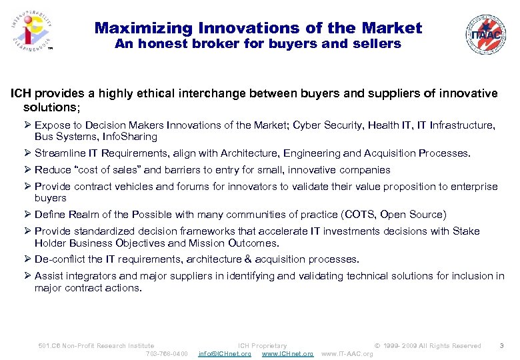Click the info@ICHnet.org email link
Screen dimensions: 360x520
coord(225,353)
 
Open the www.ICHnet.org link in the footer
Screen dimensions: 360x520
coord(287,353)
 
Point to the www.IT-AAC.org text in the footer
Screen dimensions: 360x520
coord(347,353)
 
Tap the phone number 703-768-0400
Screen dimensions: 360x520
coord(167,353)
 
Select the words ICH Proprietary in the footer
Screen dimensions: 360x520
coord(263,345)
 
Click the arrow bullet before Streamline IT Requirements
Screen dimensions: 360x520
coord(28,153)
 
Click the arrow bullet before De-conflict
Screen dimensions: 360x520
coord(28,259)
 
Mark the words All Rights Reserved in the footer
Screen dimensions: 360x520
coord(450,345)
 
